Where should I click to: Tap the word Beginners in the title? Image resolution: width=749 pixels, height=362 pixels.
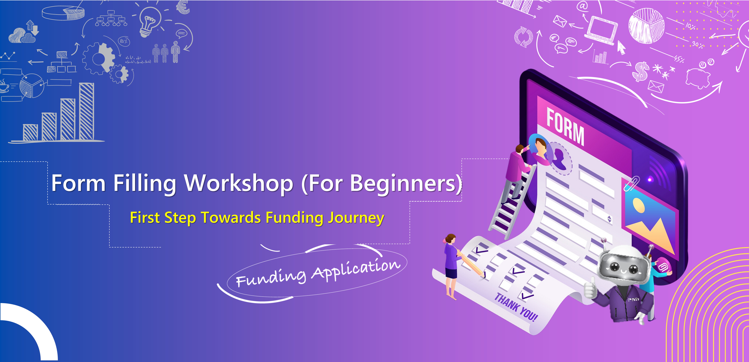click(404, 184)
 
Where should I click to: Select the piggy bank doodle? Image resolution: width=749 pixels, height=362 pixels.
click(698, 77)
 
